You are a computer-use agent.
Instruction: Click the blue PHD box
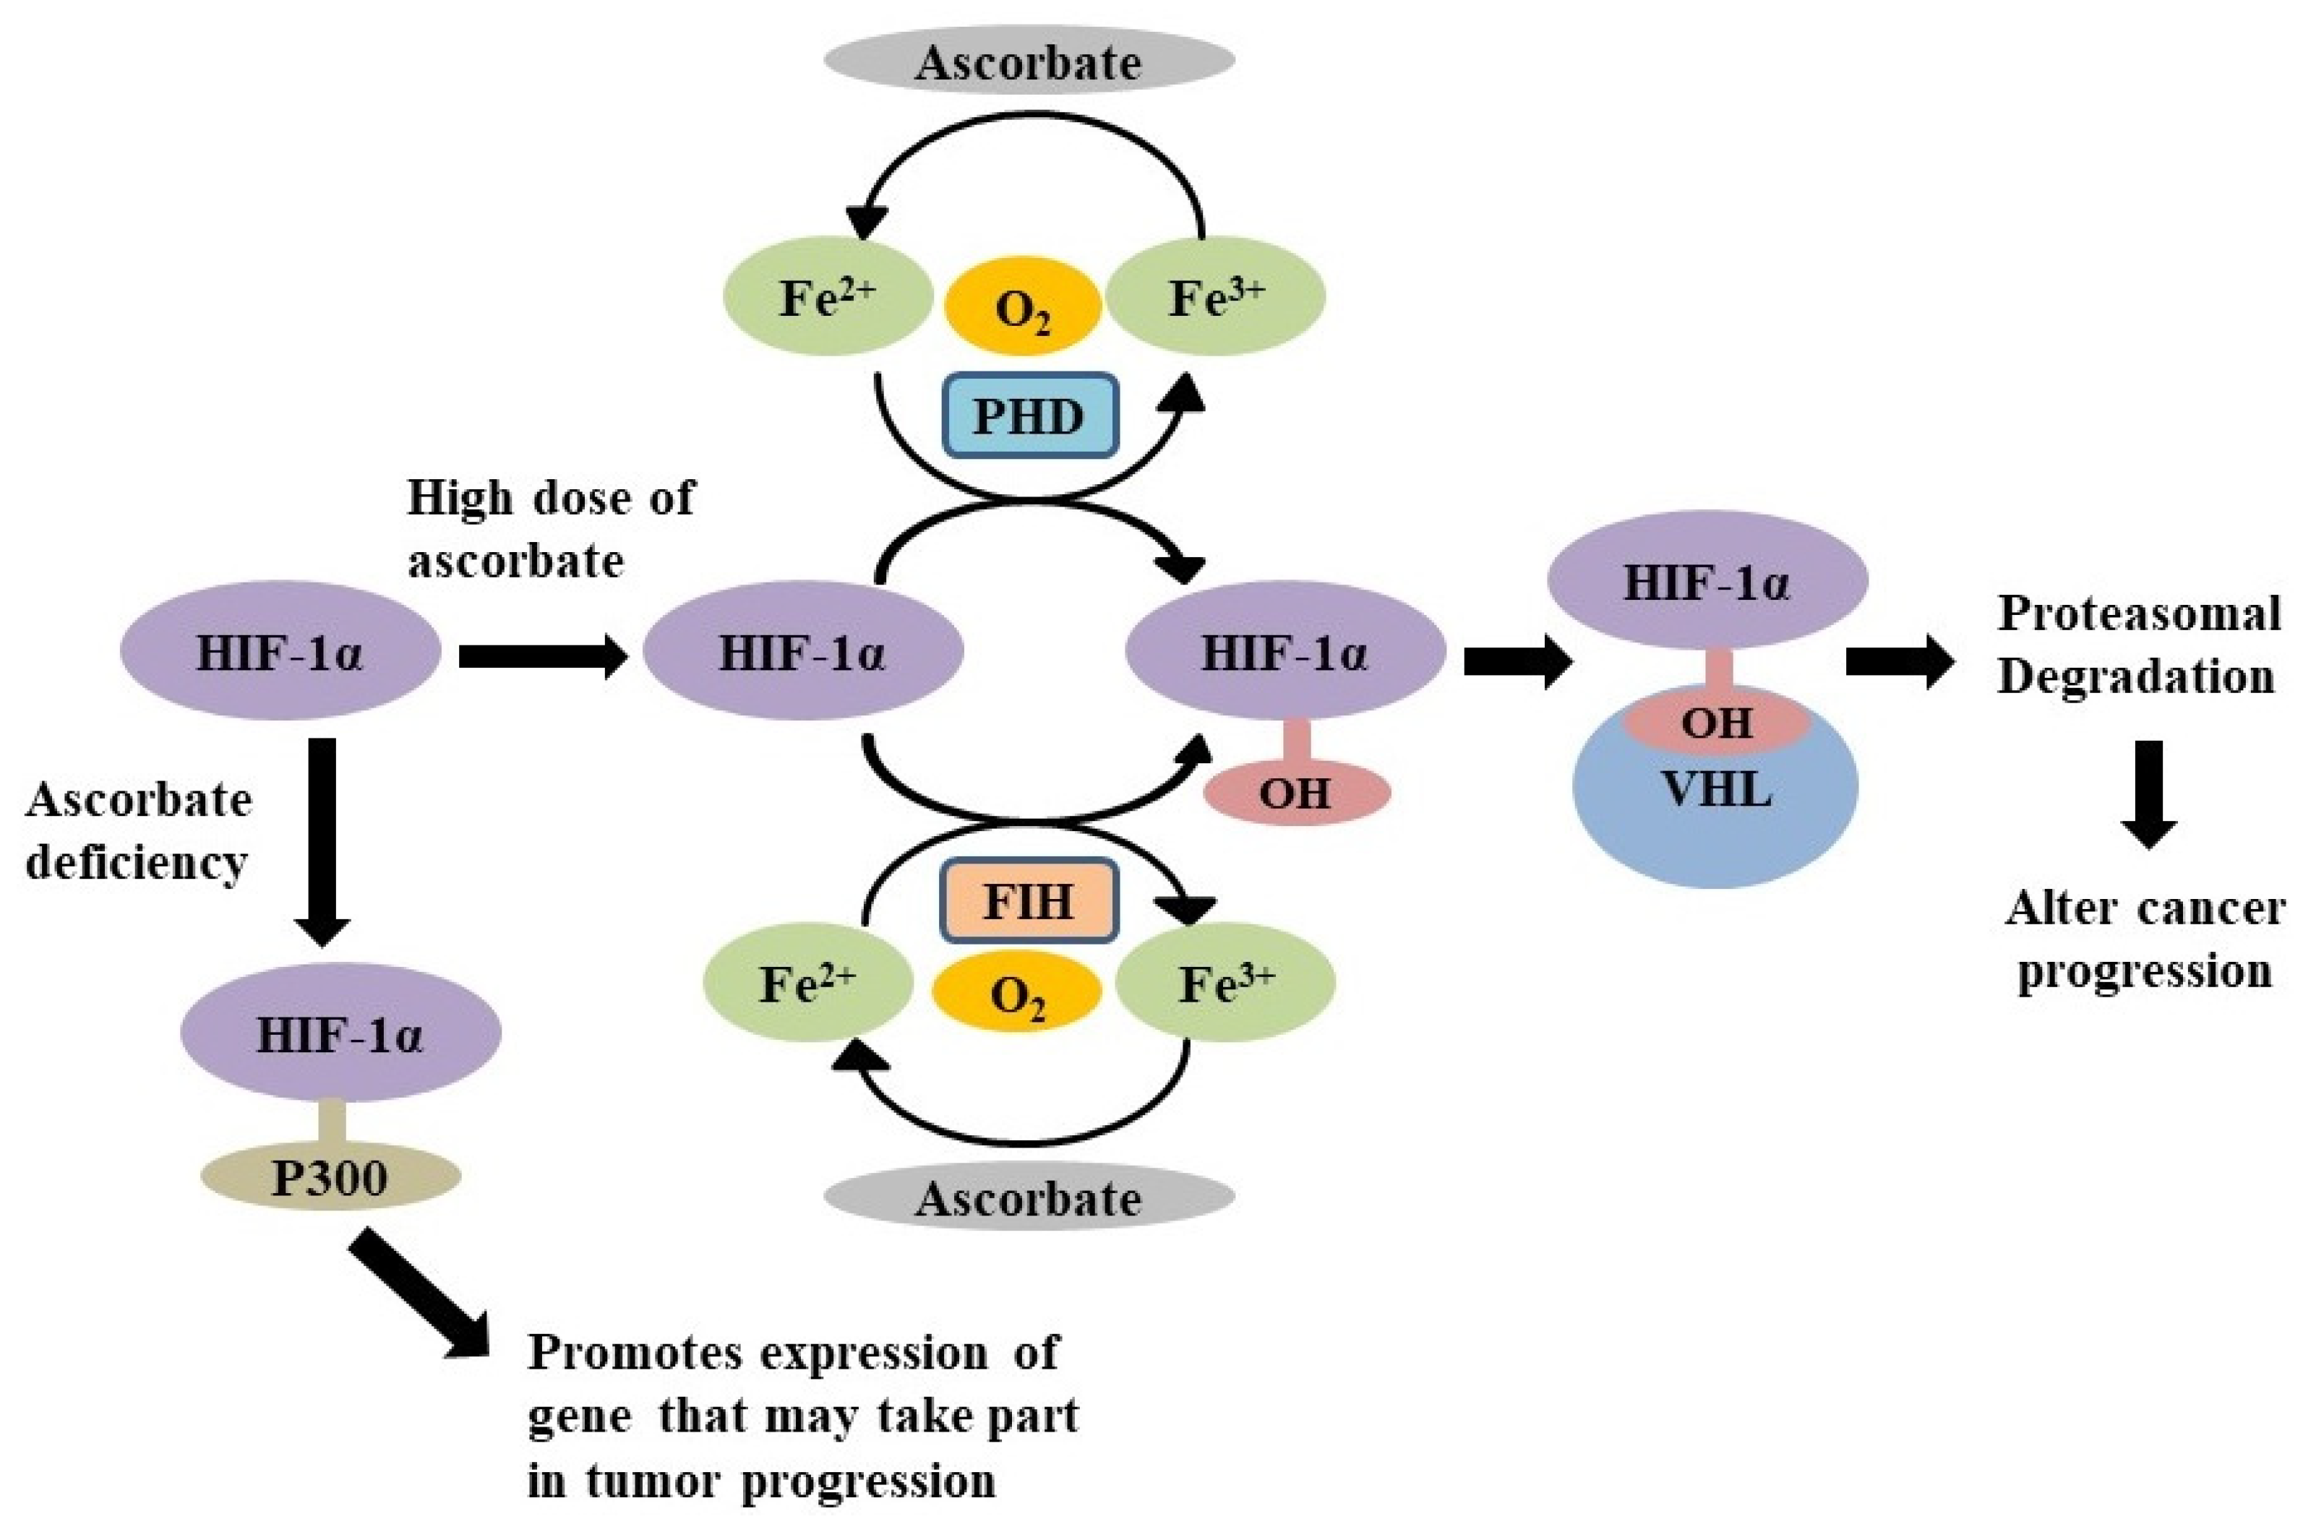[x=1029, y=416]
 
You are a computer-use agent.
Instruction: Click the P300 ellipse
[x=330, y=1176]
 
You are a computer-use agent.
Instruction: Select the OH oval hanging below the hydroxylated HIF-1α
[x=1295, y=791]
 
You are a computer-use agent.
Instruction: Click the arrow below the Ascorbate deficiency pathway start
[x=322, y=840]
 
